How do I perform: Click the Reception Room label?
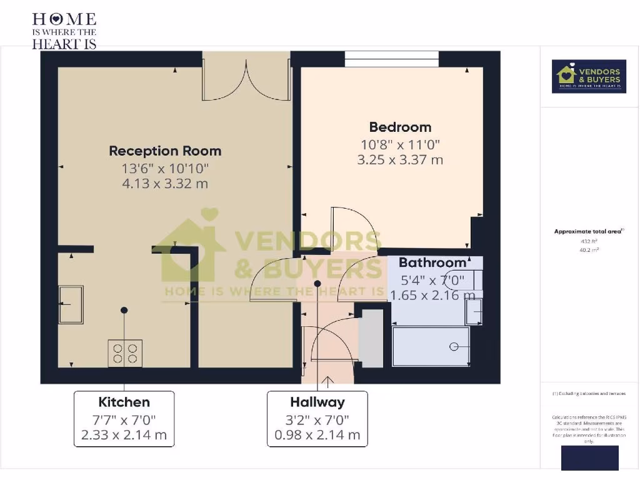click(x=165, y=151)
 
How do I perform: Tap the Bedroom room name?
click(x=400, y=127)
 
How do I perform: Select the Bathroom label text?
click(x=432, y=262)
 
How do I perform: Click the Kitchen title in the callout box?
click(x=124, y=402)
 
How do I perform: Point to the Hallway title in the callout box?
click(x=317, y=402)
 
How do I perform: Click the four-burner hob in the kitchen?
click(x=125, y=353)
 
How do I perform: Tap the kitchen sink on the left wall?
click(x=71, y=304)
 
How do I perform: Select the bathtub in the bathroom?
click(x=431, y=346)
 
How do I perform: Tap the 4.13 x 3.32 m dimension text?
click(x=165, y=184)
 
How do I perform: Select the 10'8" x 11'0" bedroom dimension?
click(x=400, y=144)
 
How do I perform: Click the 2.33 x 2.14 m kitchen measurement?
click(x=124, y=435)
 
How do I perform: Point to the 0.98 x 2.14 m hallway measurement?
click(x=317, y=435)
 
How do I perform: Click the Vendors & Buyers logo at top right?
click(x=589, y=76)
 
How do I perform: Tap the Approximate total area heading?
click(x=589, y=231)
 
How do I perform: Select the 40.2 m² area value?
click(x=589, y=249)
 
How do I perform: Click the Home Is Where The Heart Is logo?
click(x=64, y=30)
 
